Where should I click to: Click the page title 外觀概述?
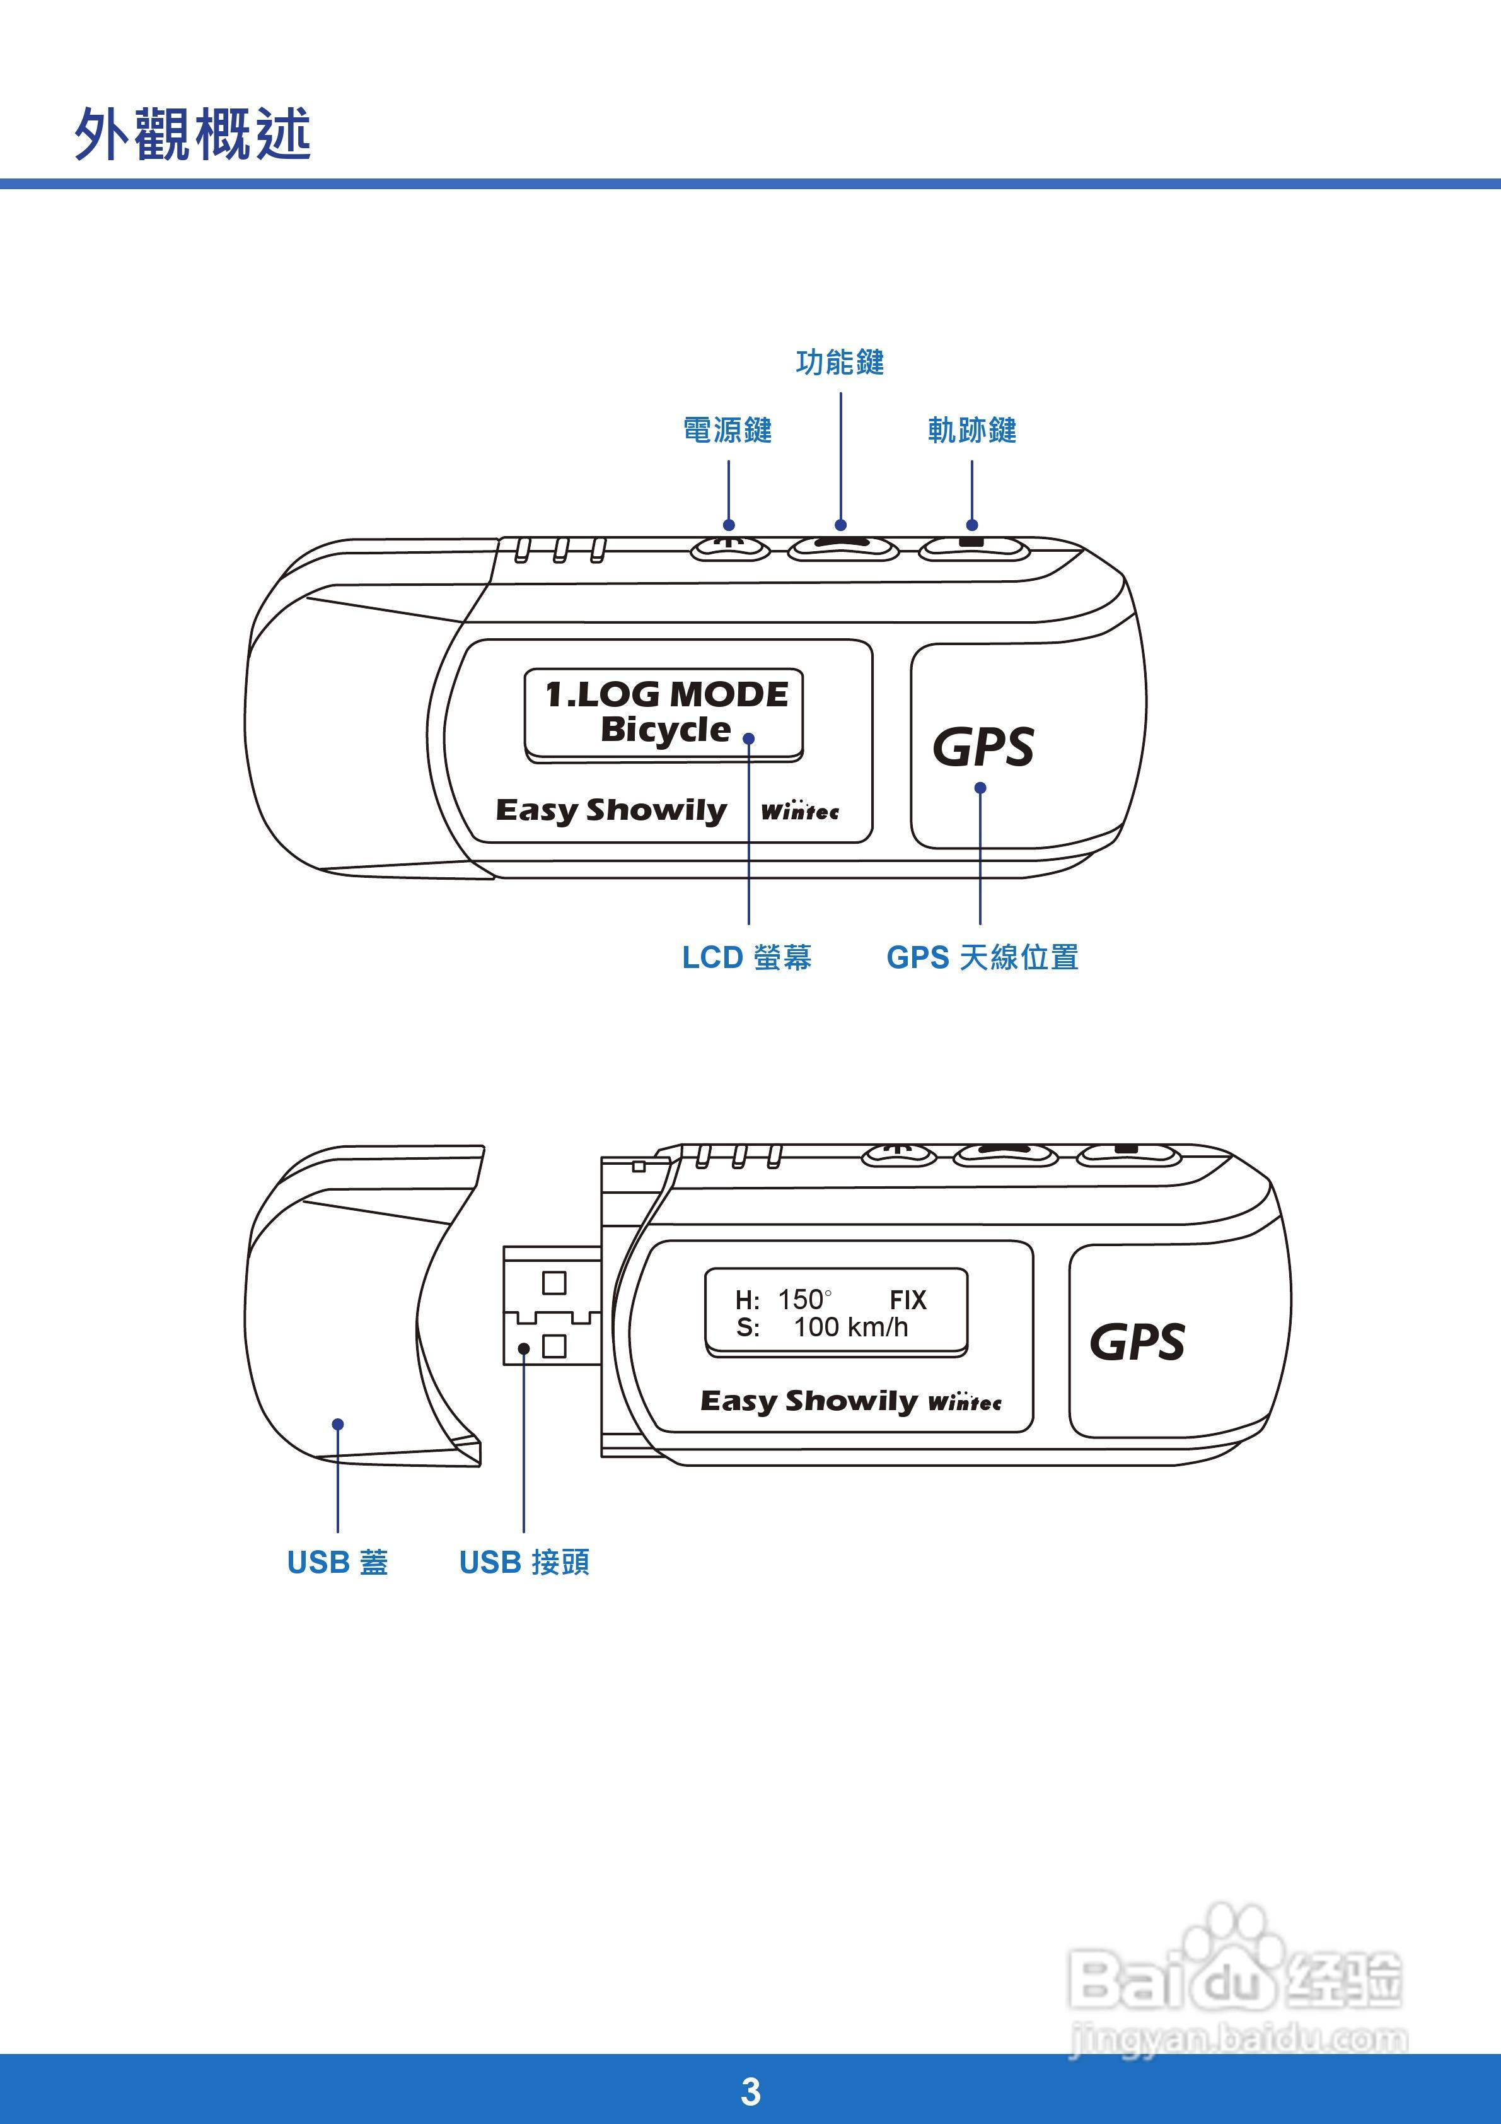click(192, 134)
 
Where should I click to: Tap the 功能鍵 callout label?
click(840, 363)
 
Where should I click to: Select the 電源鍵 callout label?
click(727, 430)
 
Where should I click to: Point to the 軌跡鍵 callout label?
click(972, 430)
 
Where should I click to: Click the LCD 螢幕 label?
click(747, 957)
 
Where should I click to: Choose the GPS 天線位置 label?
click(982, 957)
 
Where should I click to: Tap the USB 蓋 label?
click(337, 1563)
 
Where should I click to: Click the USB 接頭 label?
click(524, 1563)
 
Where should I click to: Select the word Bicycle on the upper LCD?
click(665, 729)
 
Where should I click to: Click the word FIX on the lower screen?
click(907, 1300)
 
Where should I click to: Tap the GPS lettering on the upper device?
click(982, 747)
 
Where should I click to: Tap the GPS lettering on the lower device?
click(1137, 1342)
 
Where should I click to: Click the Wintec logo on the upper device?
click(800, 811)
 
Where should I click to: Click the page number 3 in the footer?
click(750, 2092)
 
